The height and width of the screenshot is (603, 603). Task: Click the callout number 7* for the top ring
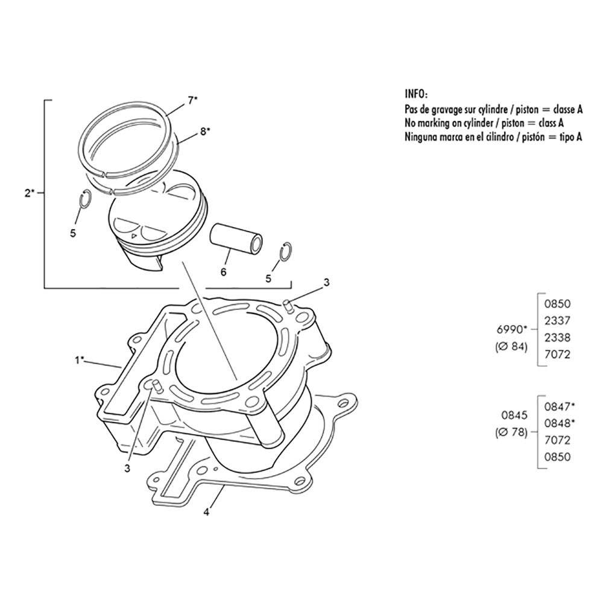click(193, 100)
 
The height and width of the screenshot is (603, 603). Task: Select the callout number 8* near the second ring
click(205, 131)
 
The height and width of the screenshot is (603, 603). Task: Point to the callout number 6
click(224, 273)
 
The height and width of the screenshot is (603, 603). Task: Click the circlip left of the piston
click(86, 200)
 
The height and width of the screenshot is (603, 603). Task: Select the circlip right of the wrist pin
click(286, 252)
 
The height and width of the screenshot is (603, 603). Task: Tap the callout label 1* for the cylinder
click(79, 361)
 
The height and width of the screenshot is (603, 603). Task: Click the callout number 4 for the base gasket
click(206, 512)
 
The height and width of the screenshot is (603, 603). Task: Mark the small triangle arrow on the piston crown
click(133, 235)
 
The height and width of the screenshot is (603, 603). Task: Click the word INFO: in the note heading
click(416, 94)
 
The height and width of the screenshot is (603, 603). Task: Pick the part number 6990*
click(511, 330)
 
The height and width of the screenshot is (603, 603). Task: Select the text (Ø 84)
click(511, 347)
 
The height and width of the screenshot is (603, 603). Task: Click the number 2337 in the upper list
click(557, 320)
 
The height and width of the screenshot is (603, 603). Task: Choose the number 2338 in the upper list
click(557, 337)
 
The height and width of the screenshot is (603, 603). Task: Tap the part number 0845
click(514, 415)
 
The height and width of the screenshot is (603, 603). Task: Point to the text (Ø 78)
click(511, 432)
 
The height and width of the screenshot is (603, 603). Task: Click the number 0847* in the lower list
click(560, 406)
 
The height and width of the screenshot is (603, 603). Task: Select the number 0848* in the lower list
click(560, 423)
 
